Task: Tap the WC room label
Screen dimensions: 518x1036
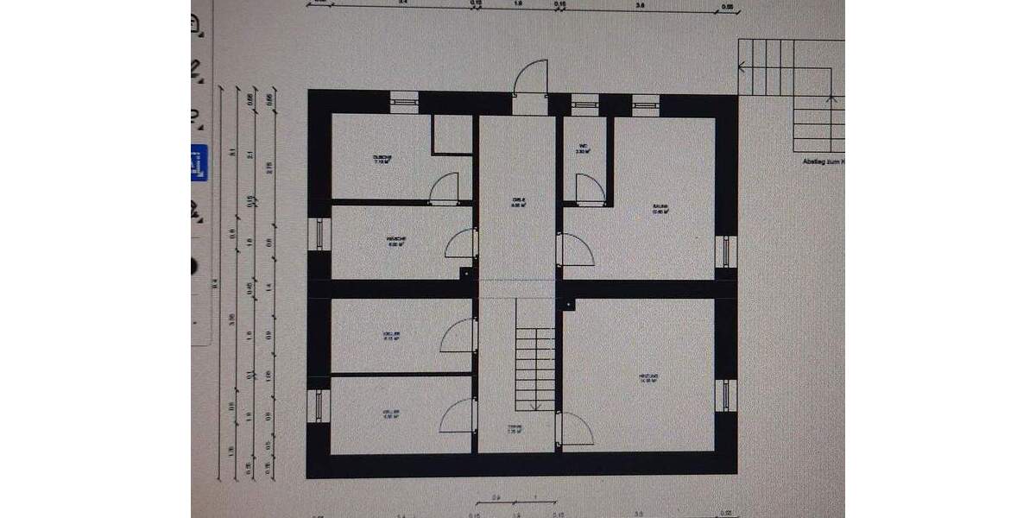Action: click(584, 148)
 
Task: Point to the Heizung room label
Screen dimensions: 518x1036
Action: click(649, 378)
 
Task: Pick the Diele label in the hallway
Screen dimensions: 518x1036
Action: click(518, 203)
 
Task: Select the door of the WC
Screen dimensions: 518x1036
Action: click(590, 188)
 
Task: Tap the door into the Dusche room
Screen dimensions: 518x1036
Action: click(444, 187)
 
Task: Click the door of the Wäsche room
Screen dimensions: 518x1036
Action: click(461, 243)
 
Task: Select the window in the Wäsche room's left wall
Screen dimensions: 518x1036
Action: click(319, 236)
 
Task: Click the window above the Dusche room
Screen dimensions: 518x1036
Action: click(404, 102)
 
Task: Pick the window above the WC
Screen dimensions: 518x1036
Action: click(584, 103)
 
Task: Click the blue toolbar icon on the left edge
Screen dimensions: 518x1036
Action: click(199, 162)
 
